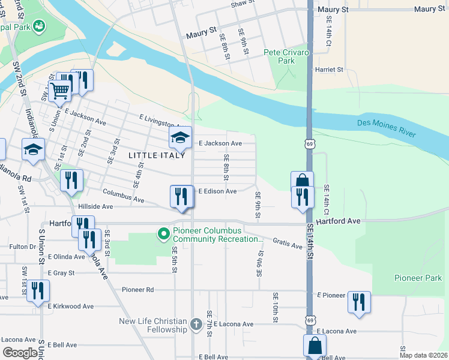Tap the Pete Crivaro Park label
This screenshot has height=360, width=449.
(286, 56)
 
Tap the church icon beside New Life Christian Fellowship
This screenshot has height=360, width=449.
(196, 325)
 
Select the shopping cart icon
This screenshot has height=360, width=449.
(60, 91)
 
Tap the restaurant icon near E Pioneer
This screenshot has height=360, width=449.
(359, 301)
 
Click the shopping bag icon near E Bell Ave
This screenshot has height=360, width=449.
(315, 346)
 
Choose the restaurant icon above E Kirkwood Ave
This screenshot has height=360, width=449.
(38, 291)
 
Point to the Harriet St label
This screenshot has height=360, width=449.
(330, 70)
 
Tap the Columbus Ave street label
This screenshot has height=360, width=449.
(123, 195)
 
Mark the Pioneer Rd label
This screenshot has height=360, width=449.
(137, 289)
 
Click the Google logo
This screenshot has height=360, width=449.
(20, 353)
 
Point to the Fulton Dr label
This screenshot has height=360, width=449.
(23, 247)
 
